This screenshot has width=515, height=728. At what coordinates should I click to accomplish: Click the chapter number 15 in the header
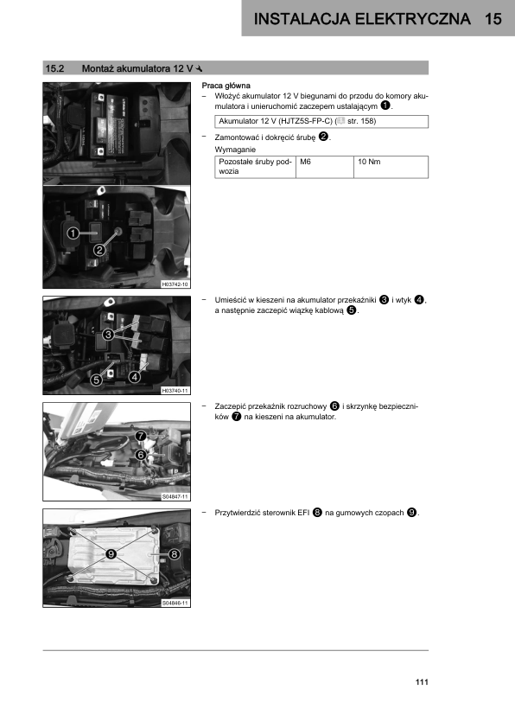coord(493,18)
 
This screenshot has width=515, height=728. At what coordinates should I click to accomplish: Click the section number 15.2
coord(54,68)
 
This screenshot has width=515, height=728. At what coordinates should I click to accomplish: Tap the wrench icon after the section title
coord(200,68)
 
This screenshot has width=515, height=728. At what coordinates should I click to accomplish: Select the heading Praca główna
coord(226,86)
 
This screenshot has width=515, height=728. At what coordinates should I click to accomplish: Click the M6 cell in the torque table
coord(305,162)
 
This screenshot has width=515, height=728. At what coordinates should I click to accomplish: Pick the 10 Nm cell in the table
coord(369,162)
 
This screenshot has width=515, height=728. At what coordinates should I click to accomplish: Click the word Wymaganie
coord(235,150)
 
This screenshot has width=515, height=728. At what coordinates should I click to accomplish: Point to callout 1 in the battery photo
coord(73,233)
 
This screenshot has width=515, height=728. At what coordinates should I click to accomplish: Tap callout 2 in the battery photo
coord(99,250)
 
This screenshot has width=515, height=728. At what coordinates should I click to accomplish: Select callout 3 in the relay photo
coord(108,335)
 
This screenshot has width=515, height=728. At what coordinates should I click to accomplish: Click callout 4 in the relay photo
coord(135,376)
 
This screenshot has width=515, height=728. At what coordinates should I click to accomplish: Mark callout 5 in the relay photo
coord(96,380)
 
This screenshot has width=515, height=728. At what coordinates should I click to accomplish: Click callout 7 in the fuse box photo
coord(141,436)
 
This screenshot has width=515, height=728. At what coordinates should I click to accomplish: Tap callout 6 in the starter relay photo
coord(141,455)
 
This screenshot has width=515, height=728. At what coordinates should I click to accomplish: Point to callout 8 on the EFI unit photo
coord(174,554)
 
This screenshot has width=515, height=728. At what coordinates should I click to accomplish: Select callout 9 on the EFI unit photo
coord(111,554)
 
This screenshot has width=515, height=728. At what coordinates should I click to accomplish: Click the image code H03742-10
coord(175,284)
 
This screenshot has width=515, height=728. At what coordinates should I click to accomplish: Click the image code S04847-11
coord(175,497)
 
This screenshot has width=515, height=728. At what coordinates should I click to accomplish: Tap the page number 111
coord(422,682)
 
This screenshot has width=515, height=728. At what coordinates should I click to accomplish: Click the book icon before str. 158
coord(341,121)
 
